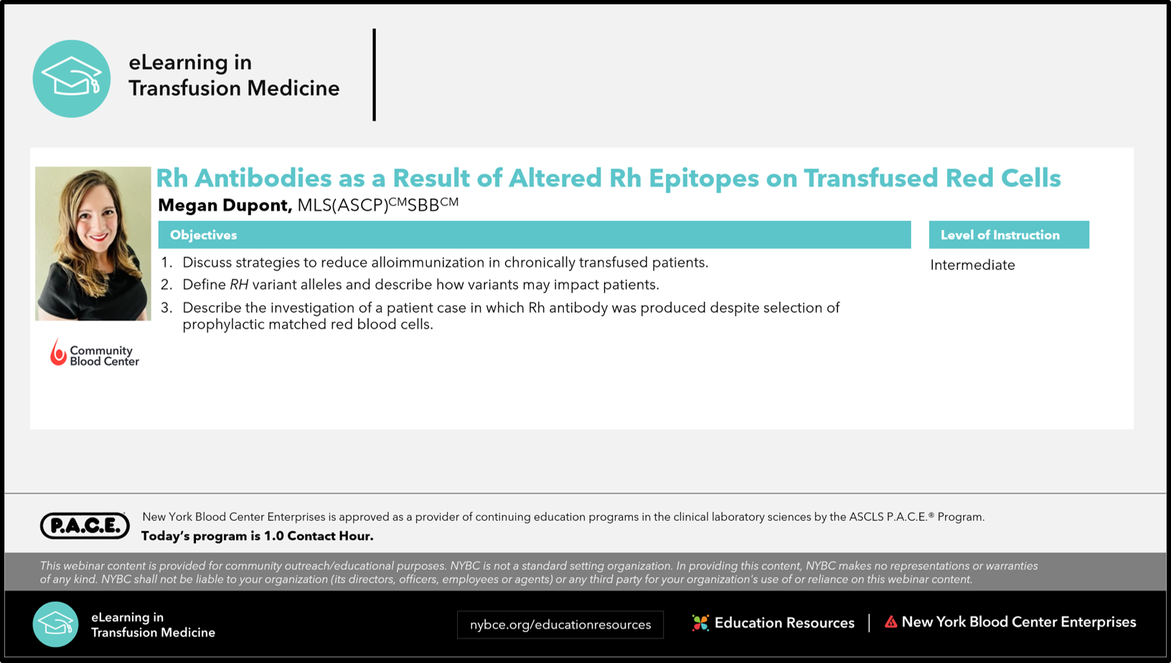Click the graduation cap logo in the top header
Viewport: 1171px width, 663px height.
[x=72, y=79]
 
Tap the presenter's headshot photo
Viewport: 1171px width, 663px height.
[x=93, y=244]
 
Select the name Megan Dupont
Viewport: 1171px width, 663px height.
[x=225, y=205]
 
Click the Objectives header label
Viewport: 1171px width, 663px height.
[x=203, y=235]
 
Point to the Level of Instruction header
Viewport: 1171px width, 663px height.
[x=1000, y=235]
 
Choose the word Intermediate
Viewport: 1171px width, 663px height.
[x=972, y=265]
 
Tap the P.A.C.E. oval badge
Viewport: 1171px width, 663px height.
[x=85, y=525]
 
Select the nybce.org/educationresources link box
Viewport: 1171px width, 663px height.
[x=560, y=624]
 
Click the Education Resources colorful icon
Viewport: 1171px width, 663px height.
[x=700, y=623]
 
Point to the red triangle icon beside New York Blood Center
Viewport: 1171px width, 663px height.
[x=890, y=621]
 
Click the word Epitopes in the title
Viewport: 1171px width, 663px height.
[x=704, y=178]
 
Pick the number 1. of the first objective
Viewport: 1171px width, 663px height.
[x=166, y=263]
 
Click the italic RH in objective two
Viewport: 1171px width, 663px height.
[x=239, y=284]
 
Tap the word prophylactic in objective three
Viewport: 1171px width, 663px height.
[x=223, y=325]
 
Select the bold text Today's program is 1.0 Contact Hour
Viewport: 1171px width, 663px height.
[x=257, y=536]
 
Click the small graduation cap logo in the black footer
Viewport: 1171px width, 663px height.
[x=55, y=624]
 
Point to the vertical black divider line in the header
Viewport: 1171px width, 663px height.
[x=375, y=75]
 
